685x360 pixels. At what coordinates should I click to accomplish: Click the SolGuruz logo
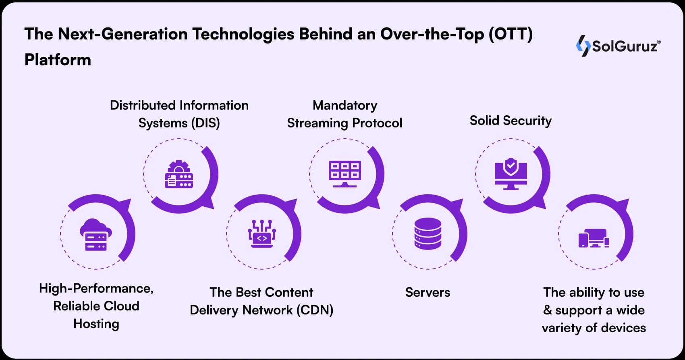619,46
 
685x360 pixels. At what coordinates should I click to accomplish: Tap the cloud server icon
96,235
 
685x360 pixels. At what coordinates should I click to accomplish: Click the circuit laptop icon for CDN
262,234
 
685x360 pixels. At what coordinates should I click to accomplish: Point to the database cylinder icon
428,233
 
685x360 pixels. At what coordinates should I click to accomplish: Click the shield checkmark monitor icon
511,174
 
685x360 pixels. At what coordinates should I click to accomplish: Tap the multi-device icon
594,238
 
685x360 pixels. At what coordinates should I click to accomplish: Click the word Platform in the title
58,60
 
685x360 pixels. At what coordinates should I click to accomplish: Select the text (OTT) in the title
511,34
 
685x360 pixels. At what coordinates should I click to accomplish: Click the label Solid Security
511,121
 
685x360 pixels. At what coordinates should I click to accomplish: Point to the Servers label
428,292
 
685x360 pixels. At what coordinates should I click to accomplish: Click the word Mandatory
345,105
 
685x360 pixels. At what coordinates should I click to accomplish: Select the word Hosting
96,324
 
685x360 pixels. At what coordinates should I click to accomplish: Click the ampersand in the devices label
547,310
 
